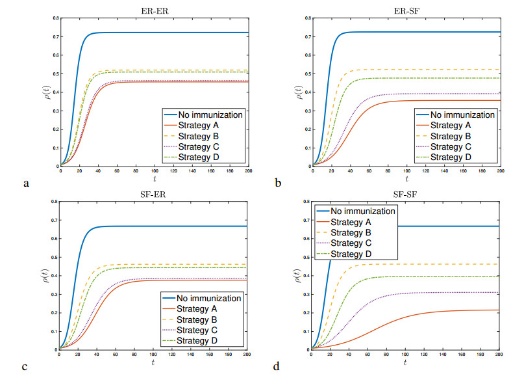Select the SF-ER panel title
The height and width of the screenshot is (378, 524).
coord(153,193)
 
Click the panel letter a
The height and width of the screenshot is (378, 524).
coord(27,184)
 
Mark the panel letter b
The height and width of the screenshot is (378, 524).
coord(279,184)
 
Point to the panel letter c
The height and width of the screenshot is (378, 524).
coord(25,368)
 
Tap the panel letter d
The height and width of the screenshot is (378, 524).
coord(277,368)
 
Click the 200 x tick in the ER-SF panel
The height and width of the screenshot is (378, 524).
coord(501,171)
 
